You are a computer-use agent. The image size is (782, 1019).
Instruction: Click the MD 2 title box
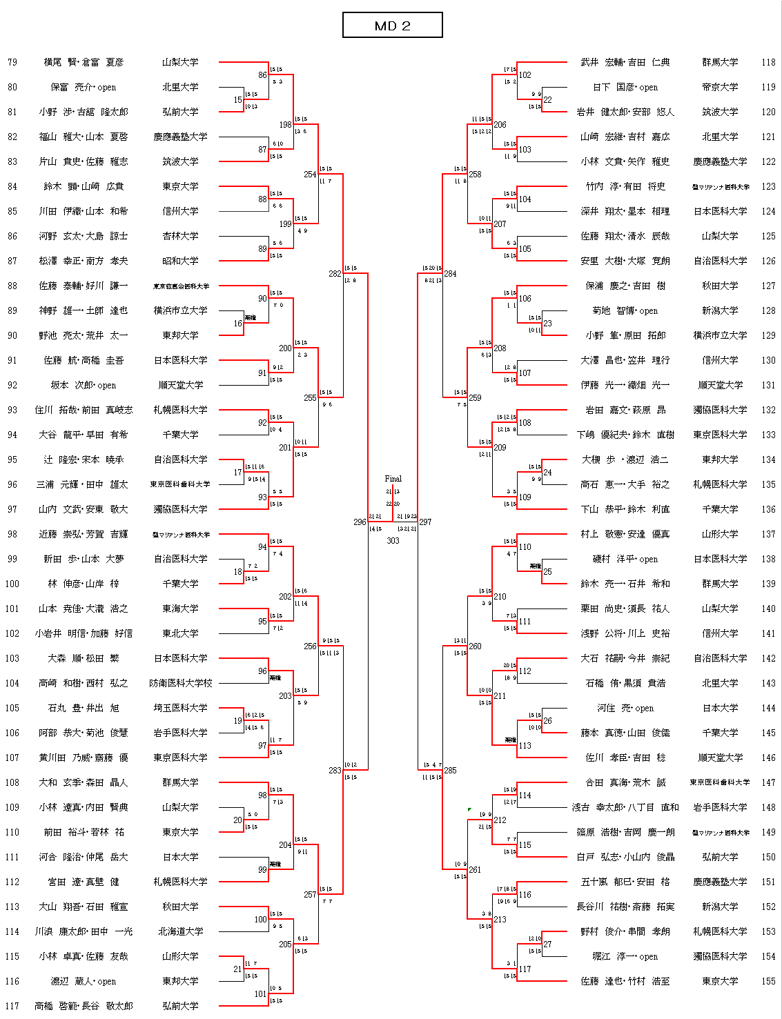[x=392, y=26]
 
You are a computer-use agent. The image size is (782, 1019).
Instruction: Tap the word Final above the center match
[x=393, y=478]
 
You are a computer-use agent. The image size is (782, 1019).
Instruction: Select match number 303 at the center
[x=393, y=541]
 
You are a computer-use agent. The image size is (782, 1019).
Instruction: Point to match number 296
[x=360, y=522]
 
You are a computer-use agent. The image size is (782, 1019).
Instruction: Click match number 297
[x=425, y=522]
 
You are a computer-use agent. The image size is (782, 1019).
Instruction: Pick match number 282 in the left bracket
[x=335, y=274]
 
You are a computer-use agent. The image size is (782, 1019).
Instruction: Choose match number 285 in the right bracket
[x=450, y=771]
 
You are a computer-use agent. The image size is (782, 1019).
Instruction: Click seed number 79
[x=12, y=62]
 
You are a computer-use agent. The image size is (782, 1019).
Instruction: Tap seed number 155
[x=768, y=981]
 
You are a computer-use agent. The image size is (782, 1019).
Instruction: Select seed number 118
[x=768, y=62]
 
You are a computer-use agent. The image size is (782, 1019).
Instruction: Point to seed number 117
[x=12, y=1006]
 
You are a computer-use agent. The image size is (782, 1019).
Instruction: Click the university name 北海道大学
[x=180, y=931]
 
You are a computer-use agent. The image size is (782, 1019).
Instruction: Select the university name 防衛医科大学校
[x=180, y=683]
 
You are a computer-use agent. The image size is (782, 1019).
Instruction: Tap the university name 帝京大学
[x=720, y=87]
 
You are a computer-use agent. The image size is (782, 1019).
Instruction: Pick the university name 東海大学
[x=180, y=609]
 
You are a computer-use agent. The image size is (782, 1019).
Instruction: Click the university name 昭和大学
[x=180, y=261]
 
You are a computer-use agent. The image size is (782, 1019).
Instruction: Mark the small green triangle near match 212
[x=469, y=809]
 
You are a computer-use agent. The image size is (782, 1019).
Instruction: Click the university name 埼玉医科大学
[x=180, y=708]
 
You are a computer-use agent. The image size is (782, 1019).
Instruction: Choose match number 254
[x=310, y=175]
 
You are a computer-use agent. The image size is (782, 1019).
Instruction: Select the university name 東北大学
[x=180, y=633]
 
